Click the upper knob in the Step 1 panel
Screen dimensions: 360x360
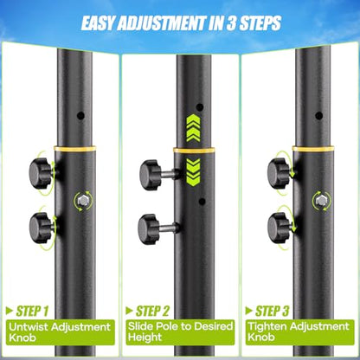41,173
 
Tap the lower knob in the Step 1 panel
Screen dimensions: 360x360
41,228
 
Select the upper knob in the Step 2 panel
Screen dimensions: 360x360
150,175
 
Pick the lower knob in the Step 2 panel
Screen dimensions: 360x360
149,229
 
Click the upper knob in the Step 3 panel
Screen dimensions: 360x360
278,173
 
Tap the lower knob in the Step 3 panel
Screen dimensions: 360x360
279,228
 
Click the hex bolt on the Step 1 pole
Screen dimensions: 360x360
83,200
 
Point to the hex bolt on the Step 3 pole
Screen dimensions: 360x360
321,200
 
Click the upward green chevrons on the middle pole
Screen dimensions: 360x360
193,128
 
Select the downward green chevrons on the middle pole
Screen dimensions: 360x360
193,171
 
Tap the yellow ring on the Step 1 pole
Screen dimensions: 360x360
74,149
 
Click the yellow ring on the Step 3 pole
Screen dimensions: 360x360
313,149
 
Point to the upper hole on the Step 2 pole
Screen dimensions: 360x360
200,107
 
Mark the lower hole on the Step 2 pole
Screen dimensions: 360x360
202,202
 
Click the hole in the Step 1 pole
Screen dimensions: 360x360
80,116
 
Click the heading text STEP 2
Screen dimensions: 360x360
152,312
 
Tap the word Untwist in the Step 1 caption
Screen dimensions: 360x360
27,327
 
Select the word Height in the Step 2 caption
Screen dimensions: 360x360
145,337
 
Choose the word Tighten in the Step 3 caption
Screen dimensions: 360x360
267,326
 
